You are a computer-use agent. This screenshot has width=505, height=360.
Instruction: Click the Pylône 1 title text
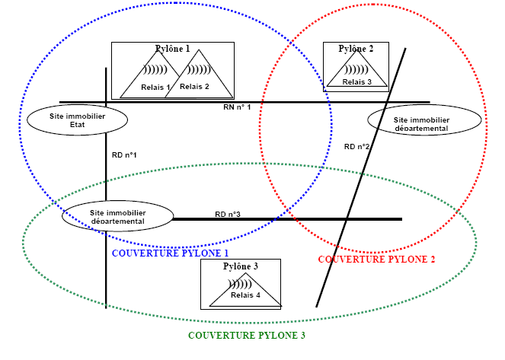click(x=172, y=49)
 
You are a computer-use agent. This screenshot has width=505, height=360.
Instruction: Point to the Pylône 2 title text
click(x=356, y=49)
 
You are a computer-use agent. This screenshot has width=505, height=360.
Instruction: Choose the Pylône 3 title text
click(x=241, y=266)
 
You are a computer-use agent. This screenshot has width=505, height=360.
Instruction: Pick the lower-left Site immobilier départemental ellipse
click(x=117, y=216)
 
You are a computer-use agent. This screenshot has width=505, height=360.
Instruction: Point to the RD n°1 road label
click(x=124, y=155)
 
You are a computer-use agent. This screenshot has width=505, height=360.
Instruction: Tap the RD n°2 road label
click(x=356, y=146)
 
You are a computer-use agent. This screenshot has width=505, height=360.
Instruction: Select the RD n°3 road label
click(x=227, y=215)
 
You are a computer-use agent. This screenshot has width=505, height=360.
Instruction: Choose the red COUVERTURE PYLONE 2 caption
click(x=376, y=259)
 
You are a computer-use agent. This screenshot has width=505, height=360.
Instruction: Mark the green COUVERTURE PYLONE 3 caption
click(x=247, y=335)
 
